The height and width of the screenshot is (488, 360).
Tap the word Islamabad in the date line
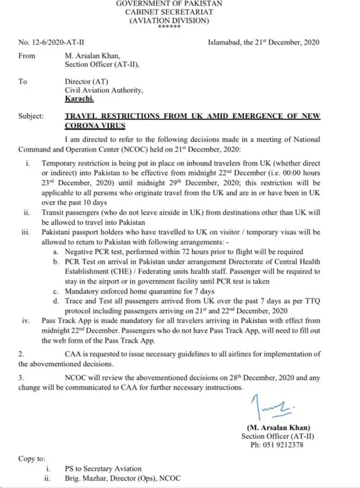[224, 42]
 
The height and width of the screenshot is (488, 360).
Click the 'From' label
[26, 56]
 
